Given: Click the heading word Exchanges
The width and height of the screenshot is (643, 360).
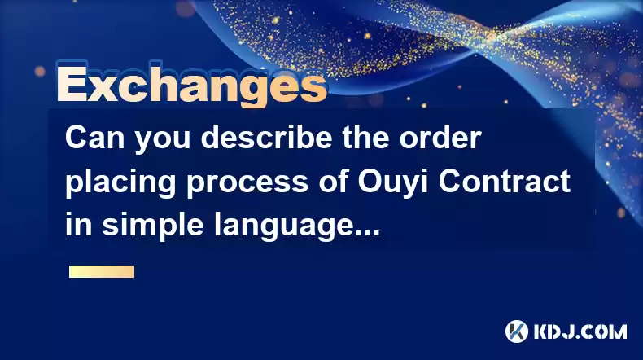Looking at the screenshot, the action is coord(191,85).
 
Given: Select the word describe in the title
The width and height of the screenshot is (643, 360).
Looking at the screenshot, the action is coord(266,138).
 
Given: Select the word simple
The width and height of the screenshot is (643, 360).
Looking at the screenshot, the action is coord(152,226).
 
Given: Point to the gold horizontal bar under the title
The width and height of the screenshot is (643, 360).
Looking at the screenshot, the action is coord(102,271).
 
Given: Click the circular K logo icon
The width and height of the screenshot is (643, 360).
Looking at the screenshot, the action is coord(517,331).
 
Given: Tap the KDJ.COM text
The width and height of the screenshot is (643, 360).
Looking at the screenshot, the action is coord(580,331).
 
